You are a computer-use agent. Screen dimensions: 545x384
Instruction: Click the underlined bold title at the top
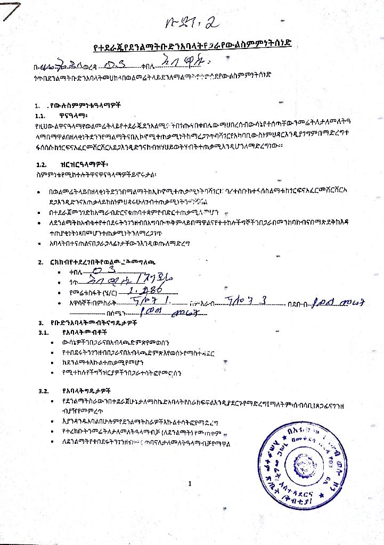192,46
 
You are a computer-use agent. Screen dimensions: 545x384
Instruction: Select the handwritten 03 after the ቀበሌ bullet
101,271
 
